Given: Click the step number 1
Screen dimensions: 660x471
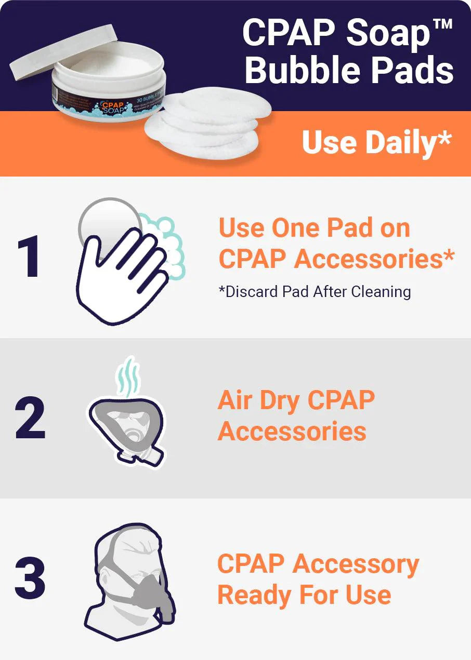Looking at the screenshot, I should point(28,259).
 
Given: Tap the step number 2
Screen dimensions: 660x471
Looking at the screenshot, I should point(30,418).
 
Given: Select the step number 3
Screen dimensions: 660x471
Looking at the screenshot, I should point(30,578).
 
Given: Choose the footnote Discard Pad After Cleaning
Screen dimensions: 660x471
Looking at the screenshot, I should point(315,292).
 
